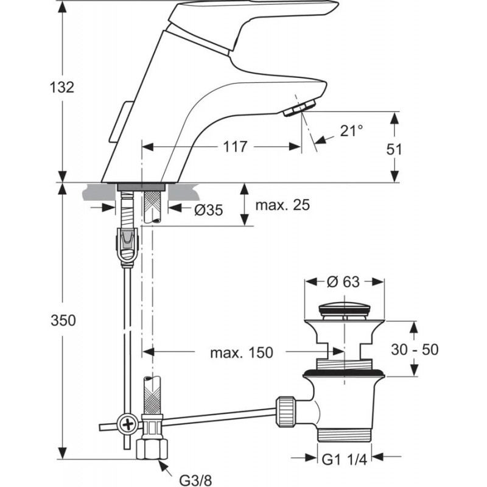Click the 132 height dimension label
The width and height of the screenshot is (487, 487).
click(x=62, y=87)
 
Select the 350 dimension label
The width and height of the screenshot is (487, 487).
click(x=63, y=320)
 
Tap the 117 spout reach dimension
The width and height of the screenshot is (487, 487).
click(x=235, y=147)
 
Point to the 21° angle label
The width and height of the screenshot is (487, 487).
click(x=351, y=130)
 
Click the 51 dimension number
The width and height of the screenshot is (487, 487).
click(x=394, y=149)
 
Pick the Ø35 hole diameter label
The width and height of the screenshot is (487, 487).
click(x=208, y=210)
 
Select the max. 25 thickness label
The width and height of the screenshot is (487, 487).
click(x=282, y=205)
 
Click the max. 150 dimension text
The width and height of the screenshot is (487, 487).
click(x=242, y=352)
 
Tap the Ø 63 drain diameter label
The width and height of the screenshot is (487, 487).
click(x=343, y=282)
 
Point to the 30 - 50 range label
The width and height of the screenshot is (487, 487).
click(x=415, y=349)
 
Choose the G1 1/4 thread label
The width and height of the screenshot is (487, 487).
click(x=345, y=460)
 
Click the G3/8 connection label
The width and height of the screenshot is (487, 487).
click(x=195, y=480)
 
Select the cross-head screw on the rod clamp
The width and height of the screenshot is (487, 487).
click(x=127, y=423)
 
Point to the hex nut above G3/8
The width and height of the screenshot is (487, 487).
click(x=152, y=448)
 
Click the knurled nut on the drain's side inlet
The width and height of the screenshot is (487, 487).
click(x=284, y=412)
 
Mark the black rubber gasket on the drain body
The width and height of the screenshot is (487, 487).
click(x=344, y=373)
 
